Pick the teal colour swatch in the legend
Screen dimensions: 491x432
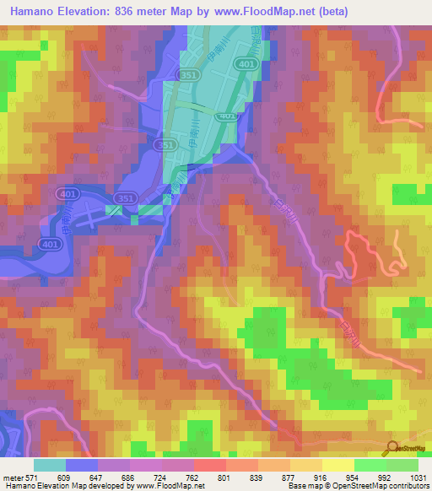50,465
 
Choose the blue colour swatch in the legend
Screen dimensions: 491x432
82,465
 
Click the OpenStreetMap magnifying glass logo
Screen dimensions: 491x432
391,447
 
